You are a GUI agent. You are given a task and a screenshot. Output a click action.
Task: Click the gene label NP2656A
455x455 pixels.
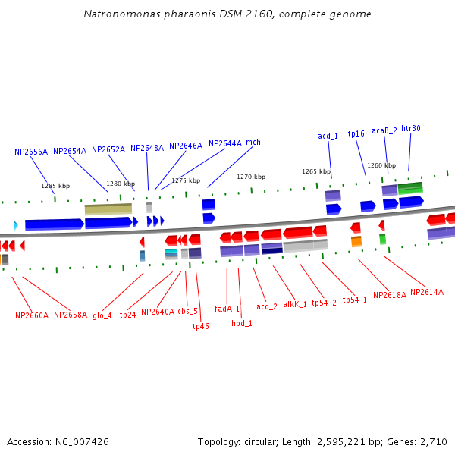(31, 152)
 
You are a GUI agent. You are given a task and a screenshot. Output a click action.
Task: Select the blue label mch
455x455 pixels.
(253, 143)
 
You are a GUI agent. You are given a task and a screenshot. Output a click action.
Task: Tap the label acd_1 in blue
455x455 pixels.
(328, 136)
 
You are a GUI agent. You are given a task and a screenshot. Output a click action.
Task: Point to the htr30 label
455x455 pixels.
(410, 129)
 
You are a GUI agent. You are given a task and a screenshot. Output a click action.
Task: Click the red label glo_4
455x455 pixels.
(102, 315)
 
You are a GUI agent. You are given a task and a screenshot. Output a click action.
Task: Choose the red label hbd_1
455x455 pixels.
(242, 323)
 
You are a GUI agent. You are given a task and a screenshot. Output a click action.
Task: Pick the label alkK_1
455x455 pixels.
(295, 304)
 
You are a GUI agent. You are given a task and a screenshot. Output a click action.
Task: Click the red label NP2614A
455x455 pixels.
(427, 292)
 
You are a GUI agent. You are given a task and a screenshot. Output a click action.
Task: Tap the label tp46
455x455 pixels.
(200, 326)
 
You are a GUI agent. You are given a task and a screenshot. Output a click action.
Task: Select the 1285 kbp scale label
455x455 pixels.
(55, 186)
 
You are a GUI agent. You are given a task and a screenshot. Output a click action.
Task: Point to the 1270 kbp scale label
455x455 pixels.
(251, 177)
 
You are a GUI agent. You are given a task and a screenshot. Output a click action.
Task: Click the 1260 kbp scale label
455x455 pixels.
(381, 165)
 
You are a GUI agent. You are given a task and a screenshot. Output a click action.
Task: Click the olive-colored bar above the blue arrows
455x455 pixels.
(108, 209)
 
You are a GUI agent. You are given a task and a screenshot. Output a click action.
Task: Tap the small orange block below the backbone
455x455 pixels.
(356, 242)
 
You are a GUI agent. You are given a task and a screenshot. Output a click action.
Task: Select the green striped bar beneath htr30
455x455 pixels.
(410, 187)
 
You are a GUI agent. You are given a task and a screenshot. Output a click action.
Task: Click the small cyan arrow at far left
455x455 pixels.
(15, 224)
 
